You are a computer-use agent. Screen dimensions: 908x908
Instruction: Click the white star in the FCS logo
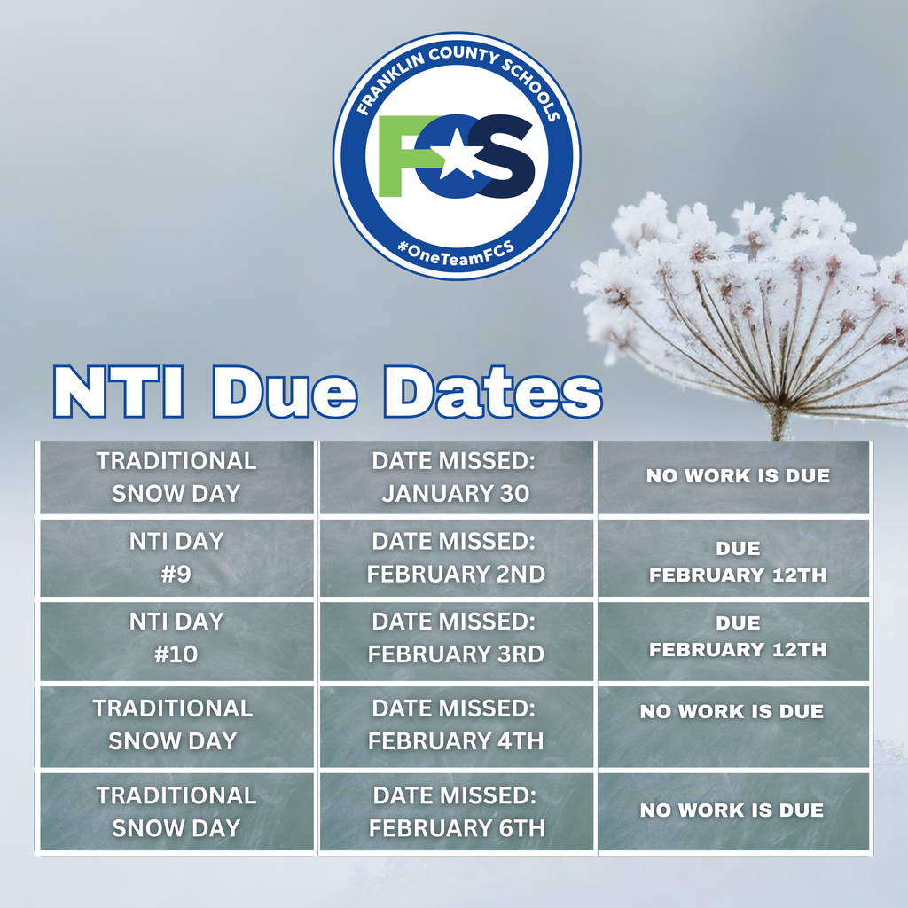pos(458,157)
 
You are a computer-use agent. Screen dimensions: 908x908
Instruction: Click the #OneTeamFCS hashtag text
pos(457,248)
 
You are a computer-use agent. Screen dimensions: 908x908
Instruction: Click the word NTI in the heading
pos(119,391)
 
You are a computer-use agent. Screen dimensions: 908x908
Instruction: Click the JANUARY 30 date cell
pos(455,477)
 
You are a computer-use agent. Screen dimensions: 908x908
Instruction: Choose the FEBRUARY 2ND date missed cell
pos(455,557)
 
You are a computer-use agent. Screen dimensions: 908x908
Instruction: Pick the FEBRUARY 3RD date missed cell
pos(455,638)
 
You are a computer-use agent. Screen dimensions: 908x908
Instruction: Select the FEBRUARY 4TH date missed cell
pos(455,724)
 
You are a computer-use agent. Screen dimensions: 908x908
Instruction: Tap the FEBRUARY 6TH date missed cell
pos(455,811)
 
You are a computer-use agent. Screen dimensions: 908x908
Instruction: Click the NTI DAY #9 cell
pos(176,557)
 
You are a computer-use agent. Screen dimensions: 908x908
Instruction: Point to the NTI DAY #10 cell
pos(176,638)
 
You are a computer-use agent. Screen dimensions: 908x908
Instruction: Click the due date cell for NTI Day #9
pos(736,562)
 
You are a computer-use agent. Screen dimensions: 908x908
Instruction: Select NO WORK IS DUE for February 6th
pos(732,810)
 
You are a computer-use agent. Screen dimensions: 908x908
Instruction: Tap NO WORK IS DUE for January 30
pos(737,476)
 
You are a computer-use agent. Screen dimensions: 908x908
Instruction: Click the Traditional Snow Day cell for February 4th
pos(174,724)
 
